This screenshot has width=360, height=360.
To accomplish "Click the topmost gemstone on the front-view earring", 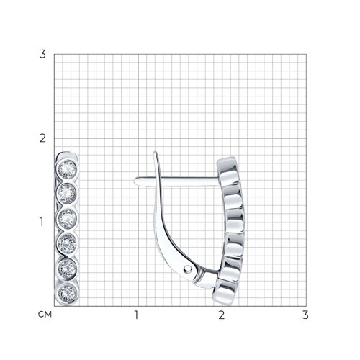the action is pos(67,169).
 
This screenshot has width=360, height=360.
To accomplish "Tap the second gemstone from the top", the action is pos(67,194).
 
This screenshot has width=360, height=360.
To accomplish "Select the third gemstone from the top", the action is pos(68,219).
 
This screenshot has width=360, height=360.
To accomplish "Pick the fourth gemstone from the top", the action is pos(68,244).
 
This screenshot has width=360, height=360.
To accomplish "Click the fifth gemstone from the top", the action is pos(68,269).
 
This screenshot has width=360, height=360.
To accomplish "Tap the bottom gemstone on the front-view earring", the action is pos(68,293).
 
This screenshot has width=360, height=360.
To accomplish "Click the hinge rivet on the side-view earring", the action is pos(188,269).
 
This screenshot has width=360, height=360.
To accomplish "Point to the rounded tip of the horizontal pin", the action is pos(135,181).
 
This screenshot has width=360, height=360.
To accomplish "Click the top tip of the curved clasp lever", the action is pos(155,152).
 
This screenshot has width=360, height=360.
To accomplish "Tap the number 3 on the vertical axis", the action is pos(42,54).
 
